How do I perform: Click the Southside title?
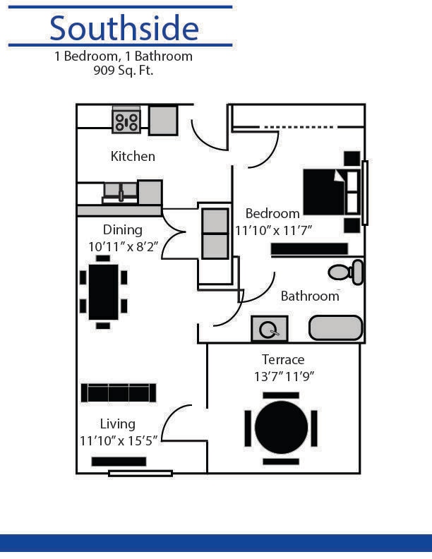(124, 28)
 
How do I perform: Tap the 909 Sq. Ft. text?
(124, 71)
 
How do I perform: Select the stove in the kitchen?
(126, 121)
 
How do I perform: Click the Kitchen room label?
(133, 156)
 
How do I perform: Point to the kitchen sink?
(121, 192)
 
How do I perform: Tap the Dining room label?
(123, 229)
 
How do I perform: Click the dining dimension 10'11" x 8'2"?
(123, 246)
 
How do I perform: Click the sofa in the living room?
(119, 392)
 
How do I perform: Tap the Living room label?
(117, 423)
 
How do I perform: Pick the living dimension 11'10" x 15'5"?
(117, 440)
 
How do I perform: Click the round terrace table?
(281, 428)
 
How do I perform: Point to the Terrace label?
(283, 359)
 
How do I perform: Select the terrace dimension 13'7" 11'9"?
(283, 376)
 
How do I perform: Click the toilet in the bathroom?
(347, 272)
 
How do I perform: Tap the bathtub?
(335, 328)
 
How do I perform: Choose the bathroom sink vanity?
(269, 329)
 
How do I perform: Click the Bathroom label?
(310, 296)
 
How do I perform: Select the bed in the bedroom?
(330, 192)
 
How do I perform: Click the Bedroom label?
(272, 213)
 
